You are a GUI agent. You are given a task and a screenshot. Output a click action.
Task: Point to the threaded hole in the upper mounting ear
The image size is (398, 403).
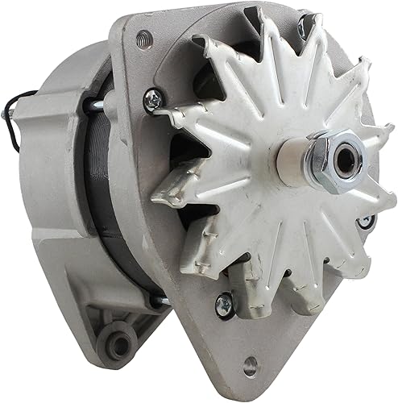(143, 36)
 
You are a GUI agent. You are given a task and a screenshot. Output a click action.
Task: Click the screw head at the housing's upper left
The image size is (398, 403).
(151, 99)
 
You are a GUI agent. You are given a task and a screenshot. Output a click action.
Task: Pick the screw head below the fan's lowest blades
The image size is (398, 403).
(223, 304)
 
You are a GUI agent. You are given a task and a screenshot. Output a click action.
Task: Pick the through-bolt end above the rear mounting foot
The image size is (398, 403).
(158, 301)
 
